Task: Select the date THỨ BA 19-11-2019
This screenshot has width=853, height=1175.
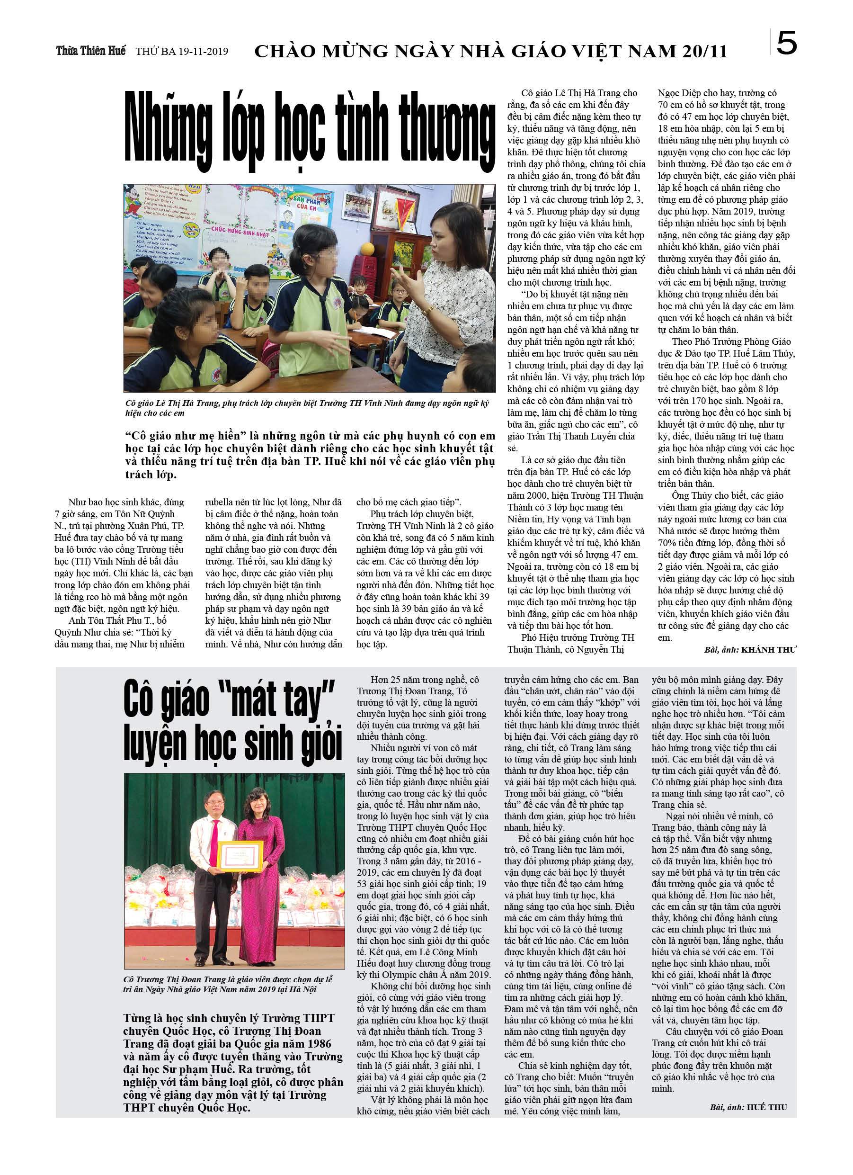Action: (x=182, y=51)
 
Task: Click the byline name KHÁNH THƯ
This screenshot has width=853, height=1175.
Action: (x=769, y=650)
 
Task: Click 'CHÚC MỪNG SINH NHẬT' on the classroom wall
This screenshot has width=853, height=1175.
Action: (x=240, y=231)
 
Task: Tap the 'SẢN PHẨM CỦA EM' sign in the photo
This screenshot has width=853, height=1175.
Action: (x=307, y=203)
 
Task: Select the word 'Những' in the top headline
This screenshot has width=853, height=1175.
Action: (x=169, y=128)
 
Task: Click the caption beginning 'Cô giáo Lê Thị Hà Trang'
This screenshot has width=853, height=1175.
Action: (x=307, y=408)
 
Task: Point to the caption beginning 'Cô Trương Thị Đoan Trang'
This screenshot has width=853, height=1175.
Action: (x=228, y=984)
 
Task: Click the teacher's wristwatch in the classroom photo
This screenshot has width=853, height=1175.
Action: (x=428, y=310)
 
